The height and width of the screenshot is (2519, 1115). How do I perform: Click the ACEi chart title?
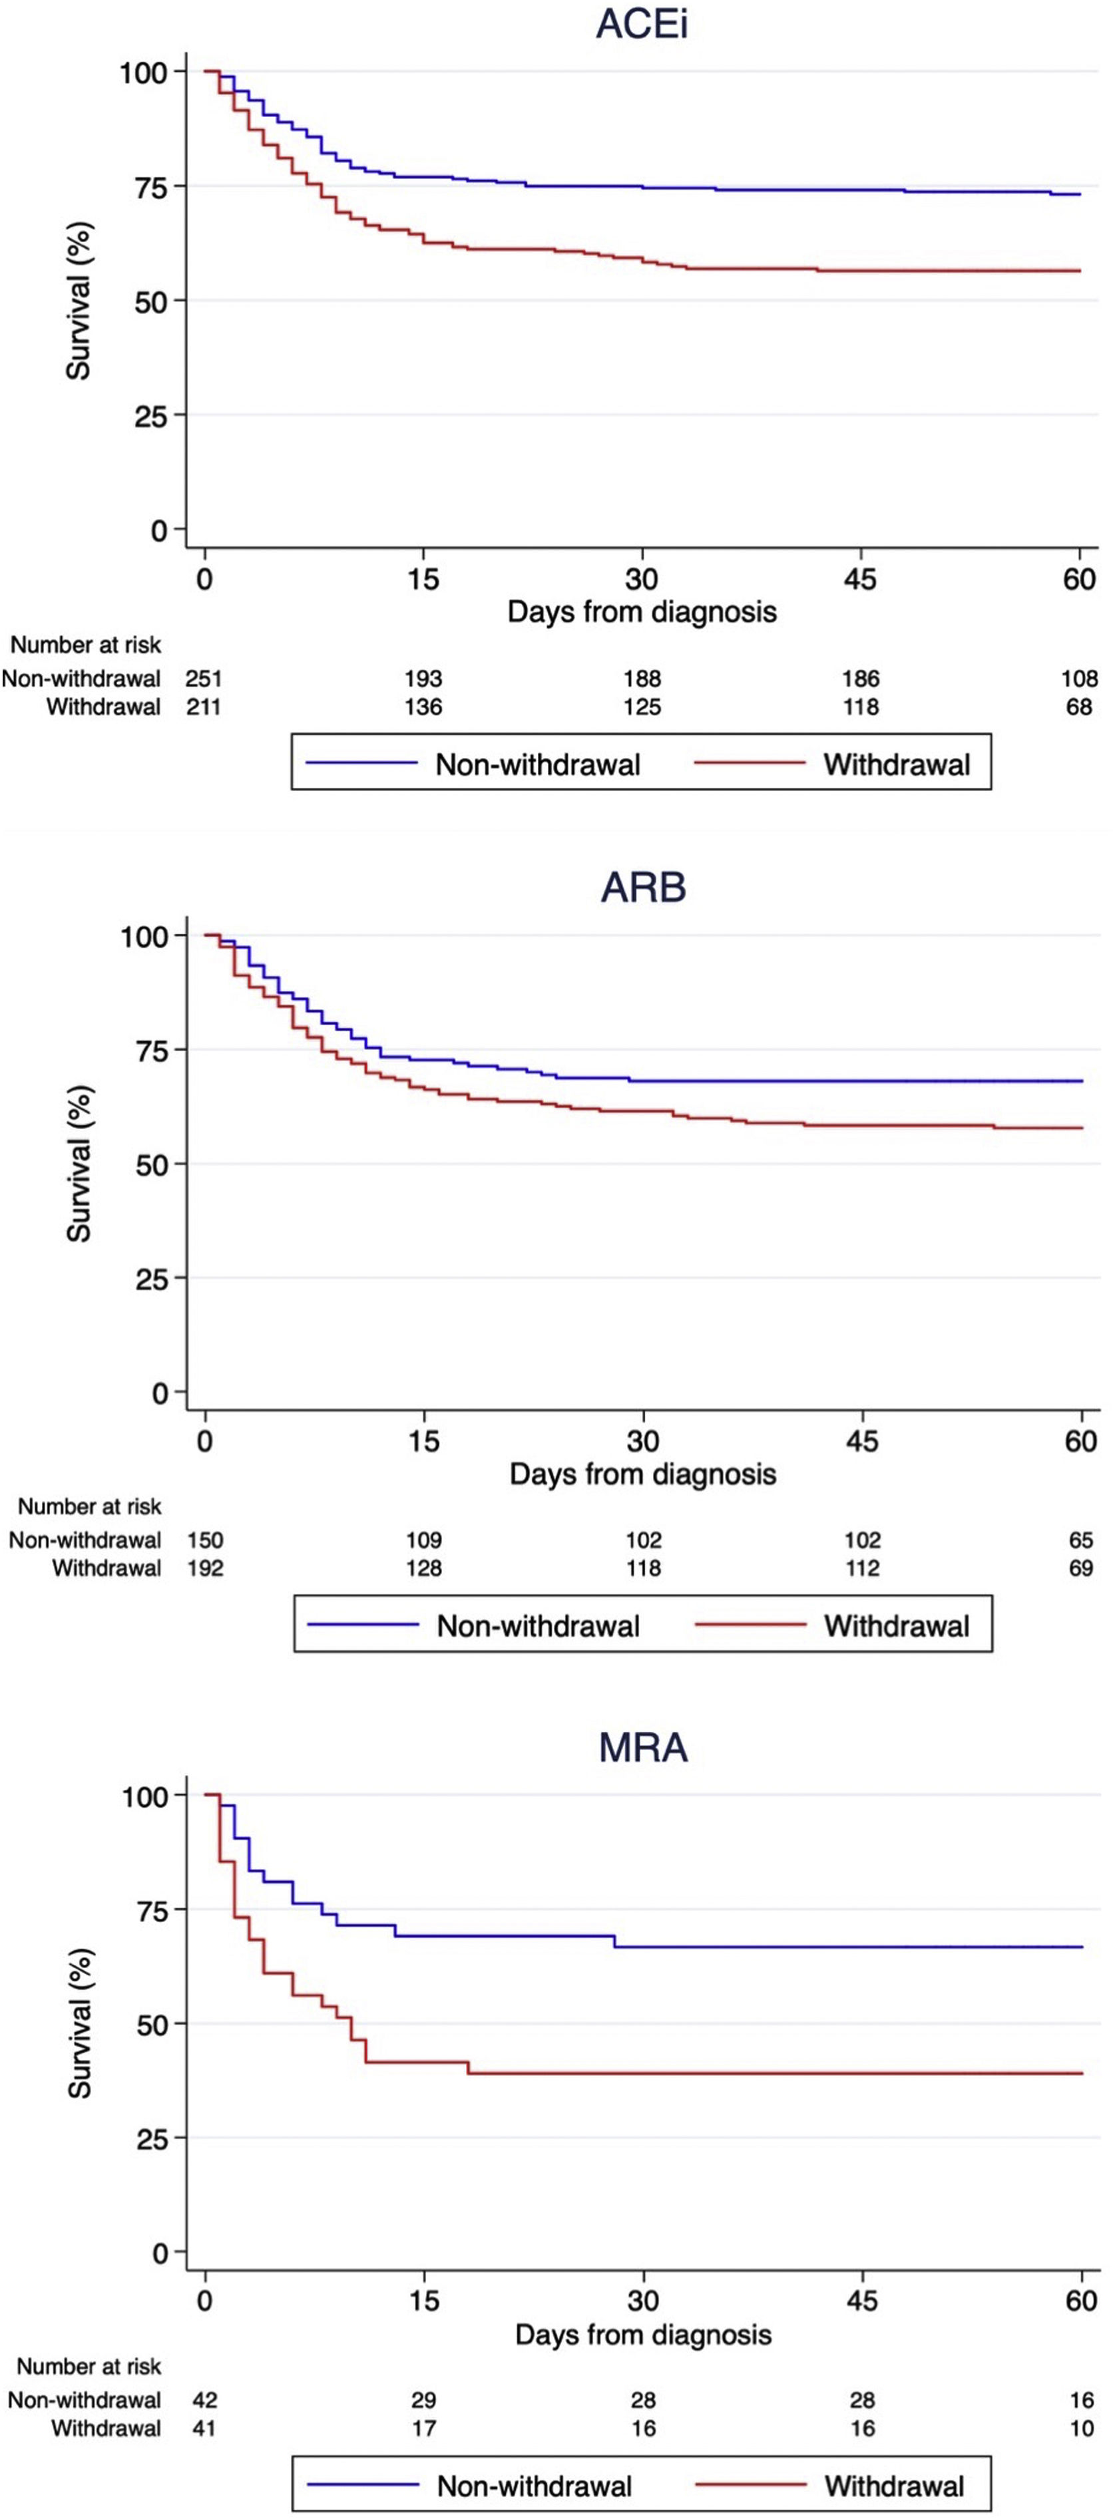(x=642, y=25)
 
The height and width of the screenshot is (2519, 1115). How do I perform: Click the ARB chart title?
(x=642, y=887)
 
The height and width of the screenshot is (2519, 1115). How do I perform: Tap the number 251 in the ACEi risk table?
(x=204, y=678)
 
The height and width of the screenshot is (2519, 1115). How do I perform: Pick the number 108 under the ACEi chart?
(x=1079, y=678)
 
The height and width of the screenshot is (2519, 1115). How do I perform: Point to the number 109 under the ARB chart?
(x=423, y=1540)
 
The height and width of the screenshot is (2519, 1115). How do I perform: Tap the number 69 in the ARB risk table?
(x=1081, y=1568)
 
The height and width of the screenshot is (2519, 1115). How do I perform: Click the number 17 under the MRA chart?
(x=423, y=2428)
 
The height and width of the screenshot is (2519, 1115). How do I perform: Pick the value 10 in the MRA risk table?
(x=1081, y=2428)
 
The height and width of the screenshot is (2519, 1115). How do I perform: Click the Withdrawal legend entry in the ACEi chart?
(x=896, y=764)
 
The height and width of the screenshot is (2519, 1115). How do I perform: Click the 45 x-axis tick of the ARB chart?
(x=861, y=1440)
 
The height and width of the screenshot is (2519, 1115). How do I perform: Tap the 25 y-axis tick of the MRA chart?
(x=152, y=2138)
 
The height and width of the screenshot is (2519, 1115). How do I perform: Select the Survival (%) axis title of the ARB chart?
(x=79, y=1164)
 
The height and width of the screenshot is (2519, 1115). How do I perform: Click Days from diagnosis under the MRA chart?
(x=642, y=2335)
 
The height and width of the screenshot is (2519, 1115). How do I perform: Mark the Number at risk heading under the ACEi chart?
(x=85, y=645)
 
